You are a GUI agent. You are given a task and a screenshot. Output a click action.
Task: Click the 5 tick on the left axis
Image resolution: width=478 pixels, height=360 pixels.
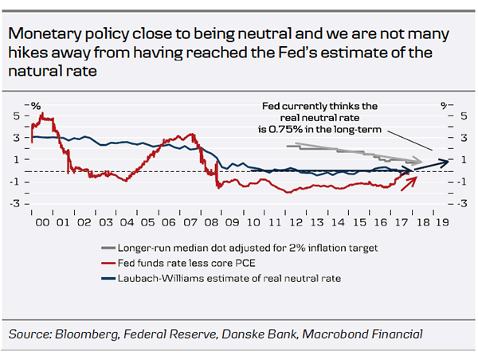pos(15,115)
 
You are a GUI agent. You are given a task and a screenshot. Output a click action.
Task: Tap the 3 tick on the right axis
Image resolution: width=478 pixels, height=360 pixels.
pos(453,138)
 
